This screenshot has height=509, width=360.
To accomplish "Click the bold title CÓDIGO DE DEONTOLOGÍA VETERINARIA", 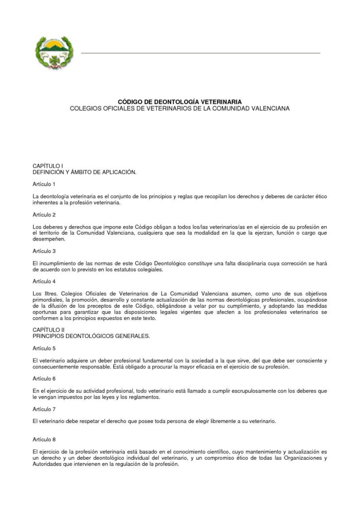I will (x=180, y=100).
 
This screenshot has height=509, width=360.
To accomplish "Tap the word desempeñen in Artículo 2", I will (x=49, y=239).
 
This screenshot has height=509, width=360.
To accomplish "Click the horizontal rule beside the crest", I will (x=200, y=53).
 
